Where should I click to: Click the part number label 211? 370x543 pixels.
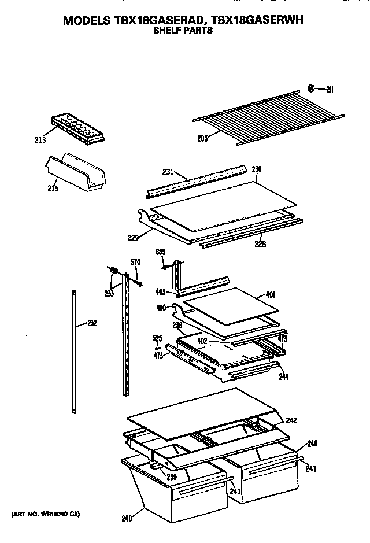[330, 88]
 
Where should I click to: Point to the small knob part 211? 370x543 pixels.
[312, 88]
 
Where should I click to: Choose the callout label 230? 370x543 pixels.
[257, 169]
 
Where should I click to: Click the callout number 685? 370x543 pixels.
[161, 252]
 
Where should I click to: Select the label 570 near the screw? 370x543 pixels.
[136, 263]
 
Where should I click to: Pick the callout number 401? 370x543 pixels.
[269, 295]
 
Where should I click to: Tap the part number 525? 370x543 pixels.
[157, 338]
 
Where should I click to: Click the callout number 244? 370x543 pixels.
[284, 376]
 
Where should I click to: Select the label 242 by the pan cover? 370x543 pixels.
[291, 420]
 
